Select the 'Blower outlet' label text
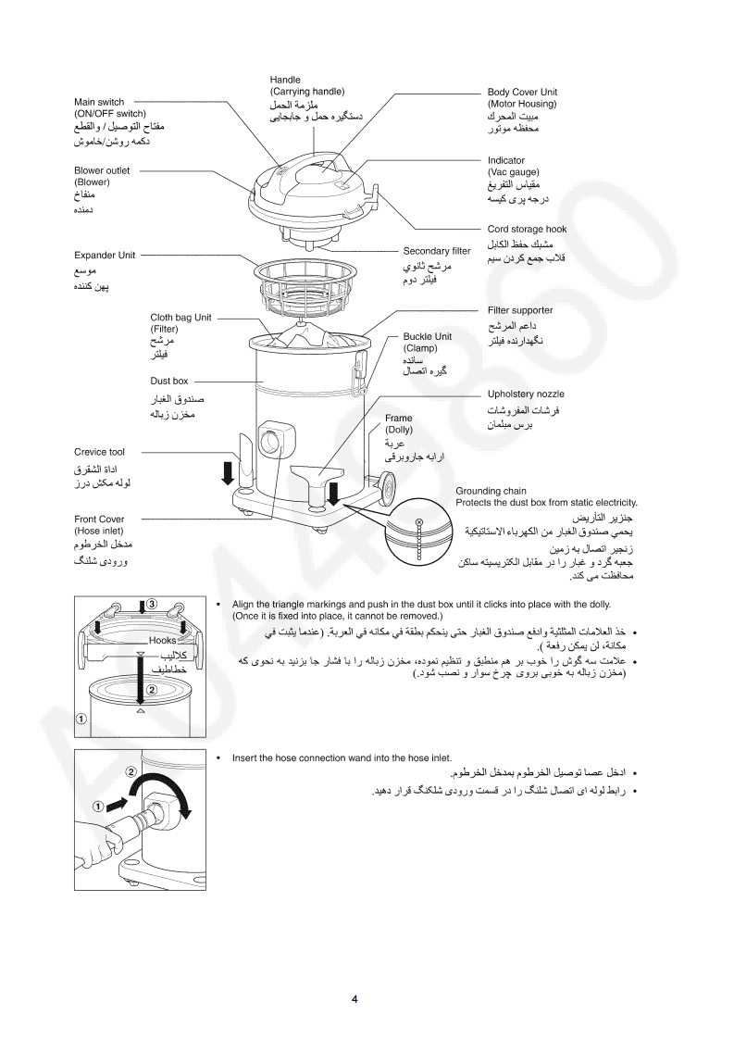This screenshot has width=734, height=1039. (x=102, y=170)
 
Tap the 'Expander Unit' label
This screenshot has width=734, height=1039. (x=105, y=255)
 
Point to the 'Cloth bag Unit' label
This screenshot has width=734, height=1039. (x=180, y=318)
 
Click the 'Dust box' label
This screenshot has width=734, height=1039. (x=168, y=381)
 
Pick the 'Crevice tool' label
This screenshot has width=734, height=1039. (x=99, y=452)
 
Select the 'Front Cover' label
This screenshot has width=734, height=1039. (x=99, y=519)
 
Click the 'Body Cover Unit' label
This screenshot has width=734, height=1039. (x=522, y=93)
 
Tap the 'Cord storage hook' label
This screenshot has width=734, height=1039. (x=527, y=229)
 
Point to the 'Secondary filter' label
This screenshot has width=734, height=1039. (x=436, y=251)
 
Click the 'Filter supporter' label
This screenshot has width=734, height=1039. (x=519, y=310)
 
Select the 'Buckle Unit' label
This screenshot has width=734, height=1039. (x=427, y=337)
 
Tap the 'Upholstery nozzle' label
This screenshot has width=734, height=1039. (x=525, y=394)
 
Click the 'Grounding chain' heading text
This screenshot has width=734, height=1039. (x=491, y=491)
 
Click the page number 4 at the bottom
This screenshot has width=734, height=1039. (x=355, y=998)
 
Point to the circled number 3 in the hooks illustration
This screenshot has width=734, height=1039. (x=153, y=604)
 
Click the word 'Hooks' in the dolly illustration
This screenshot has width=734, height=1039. (x=161, y=640)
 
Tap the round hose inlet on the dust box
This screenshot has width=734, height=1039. (x=273, y=439)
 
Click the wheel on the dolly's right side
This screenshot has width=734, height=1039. (x=384, y=485)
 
